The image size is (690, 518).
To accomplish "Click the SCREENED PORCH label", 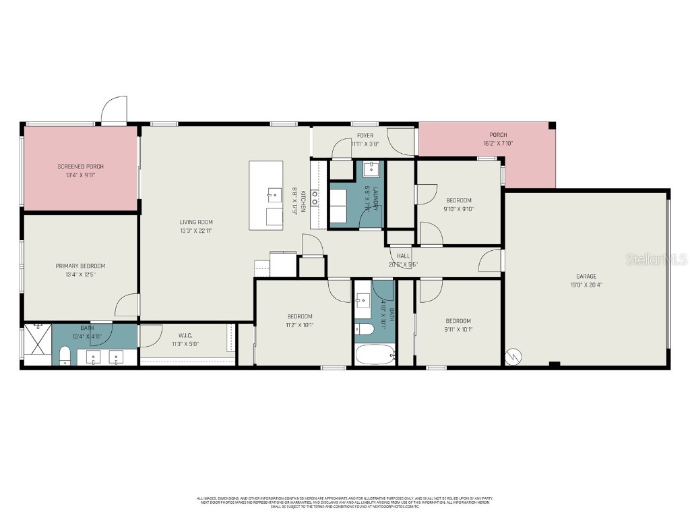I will (80, 166).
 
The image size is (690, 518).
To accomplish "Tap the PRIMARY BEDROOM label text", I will (80, 266).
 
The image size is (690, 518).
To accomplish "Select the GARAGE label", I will (586, 276).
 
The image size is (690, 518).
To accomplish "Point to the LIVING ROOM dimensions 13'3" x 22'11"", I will (196, 231).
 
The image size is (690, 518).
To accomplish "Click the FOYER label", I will (365, 136).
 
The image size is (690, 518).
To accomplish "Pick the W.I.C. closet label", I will (186, 335).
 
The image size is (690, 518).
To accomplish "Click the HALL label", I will (403, 256).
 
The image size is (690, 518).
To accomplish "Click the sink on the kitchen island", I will (274, 196).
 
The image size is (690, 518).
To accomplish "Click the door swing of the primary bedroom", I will (127, 306).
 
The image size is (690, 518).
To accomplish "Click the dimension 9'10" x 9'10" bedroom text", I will (459, 209).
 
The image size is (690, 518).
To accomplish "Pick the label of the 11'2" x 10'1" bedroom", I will (300, 316).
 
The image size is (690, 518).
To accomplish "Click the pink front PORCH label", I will (498, 135).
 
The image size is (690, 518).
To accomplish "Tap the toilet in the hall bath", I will (365, 330).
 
